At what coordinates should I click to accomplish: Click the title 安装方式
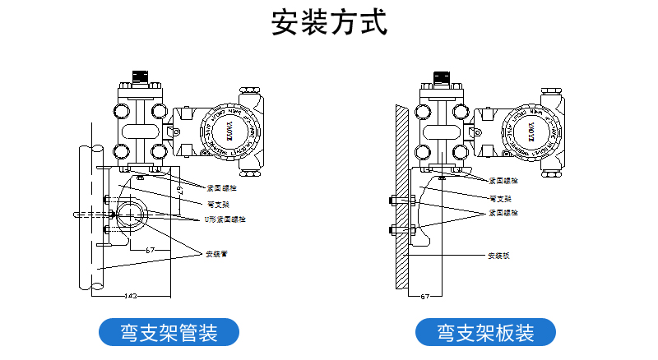pyautogui.click(x=328, y=22)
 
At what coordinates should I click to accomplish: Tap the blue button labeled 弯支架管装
pyautogui.click(x=169, y=333)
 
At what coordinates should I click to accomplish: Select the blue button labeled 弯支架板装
pyautogui.click(x=485, y=333)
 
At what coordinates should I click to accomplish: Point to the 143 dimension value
pyautogui.click(x=130, y=294)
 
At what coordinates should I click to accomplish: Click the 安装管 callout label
pyautogui.click(x=215, y=254)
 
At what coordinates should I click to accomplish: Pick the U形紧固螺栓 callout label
pyautogui.click(x=225, y=219)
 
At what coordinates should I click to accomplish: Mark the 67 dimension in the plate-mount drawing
pyautogui.click(x=425, y=294)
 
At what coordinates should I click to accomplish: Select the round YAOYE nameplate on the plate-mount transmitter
pyautogui.click(x=531, y=127)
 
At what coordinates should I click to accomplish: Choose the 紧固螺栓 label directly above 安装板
pyautogui.click(x=503, y=211)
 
